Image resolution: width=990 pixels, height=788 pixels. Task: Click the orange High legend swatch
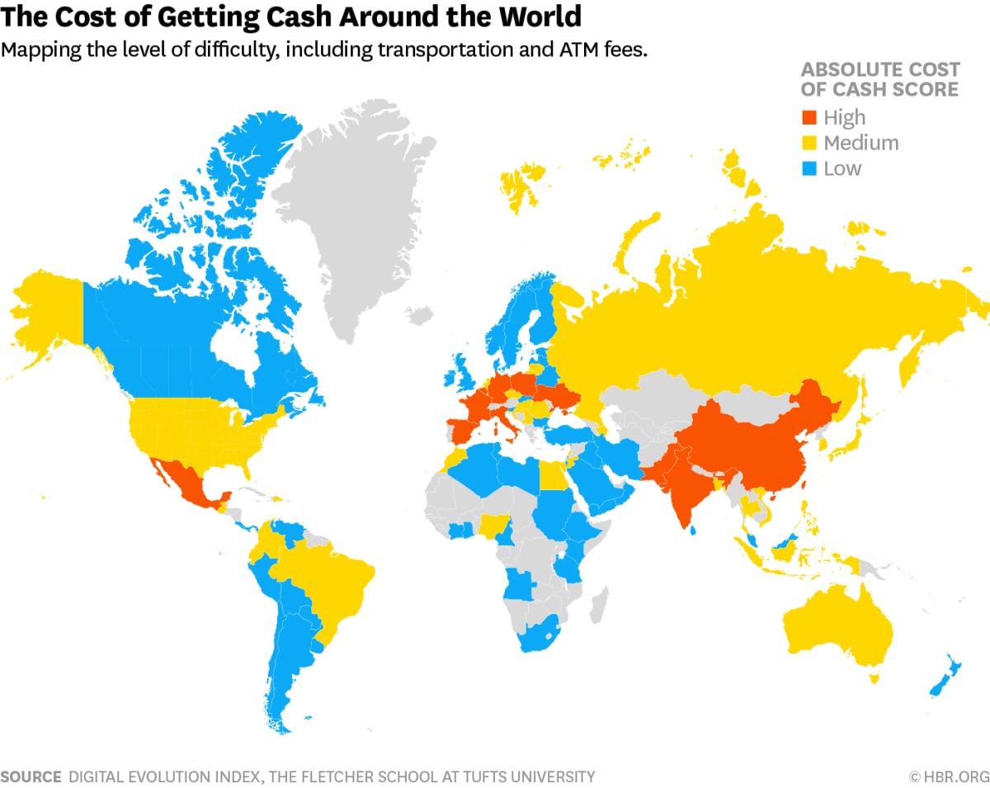(x=810, y=117)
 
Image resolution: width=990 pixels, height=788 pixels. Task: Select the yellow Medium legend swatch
(x=810, y=143)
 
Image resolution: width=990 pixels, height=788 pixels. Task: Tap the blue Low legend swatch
(x=810, y=168)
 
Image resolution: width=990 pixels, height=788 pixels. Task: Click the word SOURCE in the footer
(x=31, y=776)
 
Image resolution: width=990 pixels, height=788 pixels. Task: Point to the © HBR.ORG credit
(x=948, y=776)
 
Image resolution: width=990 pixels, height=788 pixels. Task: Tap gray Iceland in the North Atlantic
(x=419, y=314)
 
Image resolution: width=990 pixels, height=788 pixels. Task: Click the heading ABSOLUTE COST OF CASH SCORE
(x=879, y=79)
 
